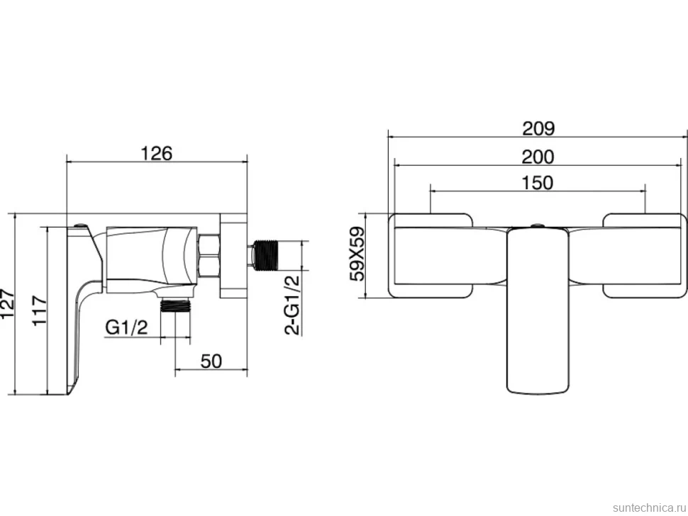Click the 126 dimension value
157,153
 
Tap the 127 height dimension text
8,304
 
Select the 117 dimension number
40,310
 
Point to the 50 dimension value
211,361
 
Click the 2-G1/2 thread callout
292,305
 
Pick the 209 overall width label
538,128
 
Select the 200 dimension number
538,157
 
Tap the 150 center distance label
538,183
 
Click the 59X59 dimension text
357,254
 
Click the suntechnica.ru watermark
649,507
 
